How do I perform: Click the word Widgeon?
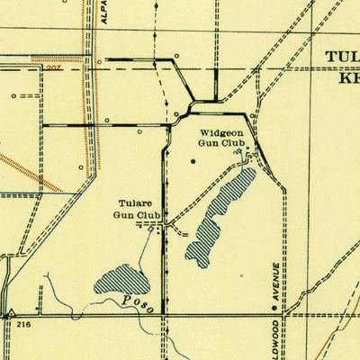(217, 132)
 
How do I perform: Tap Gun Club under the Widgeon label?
(217, 143)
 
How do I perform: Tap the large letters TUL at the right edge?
(343, 58)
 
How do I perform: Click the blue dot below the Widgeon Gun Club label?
(193, 162)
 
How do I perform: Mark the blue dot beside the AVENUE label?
(275, 308)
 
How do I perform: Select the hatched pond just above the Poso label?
(121, 280)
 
